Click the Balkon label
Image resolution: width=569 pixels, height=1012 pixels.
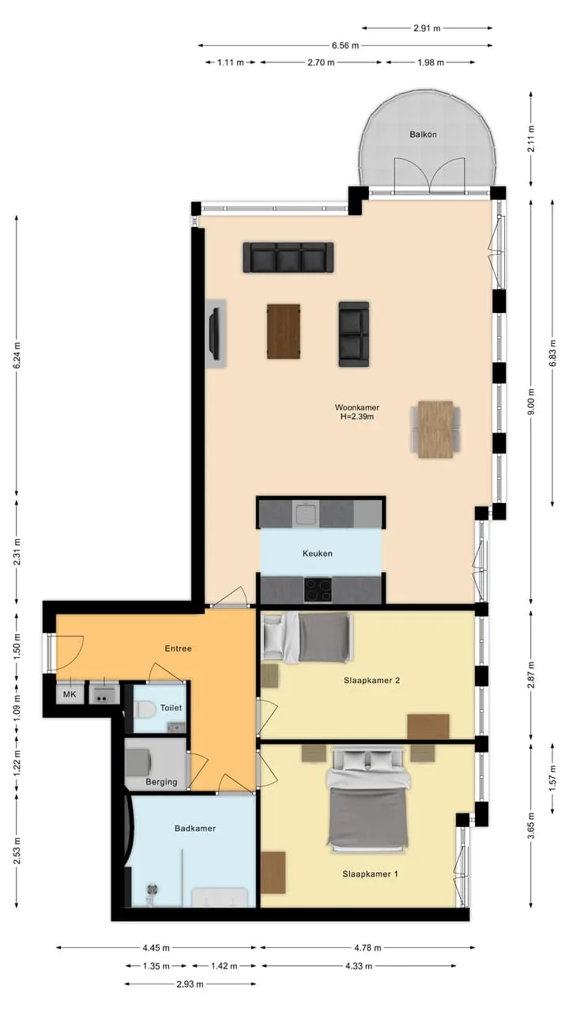(x=423, y=134)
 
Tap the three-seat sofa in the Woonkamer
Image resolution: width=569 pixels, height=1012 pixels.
(x=288, y=258)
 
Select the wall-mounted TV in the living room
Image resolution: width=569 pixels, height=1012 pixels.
(x=215, y=334)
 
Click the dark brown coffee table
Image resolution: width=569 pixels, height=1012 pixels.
(x=284, y=331)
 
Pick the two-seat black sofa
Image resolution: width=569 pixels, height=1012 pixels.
(x=353, y=334)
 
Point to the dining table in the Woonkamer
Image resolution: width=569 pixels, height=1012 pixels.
(x=435, y=429)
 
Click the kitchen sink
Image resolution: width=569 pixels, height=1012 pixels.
(x=306, y=513)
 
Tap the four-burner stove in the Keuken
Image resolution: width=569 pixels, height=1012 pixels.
(x=318, y=590)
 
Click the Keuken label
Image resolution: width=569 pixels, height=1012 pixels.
(x=318, y=553)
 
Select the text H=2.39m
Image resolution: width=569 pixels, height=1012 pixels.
(x=356, y=417)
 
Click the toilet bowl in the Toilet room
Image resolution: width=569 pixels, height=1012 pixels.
(x=145, y=709)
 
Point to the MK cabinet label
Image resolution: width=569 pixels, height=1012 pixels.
(x=70, y=694)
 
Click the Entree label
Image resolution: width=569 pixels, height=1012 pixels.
(x=178, y=648)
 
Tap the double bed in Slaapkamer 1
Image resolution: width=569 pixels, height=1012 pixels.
(x=368, y=799)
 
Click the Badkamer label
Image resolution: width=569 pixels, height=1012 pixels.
(x=195, y=828)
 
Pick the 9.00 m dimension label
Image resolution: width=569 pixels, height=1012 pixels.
(x=531, y=401)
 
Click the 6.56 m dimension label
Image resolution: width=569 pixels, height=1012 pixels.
(x=345, y=45)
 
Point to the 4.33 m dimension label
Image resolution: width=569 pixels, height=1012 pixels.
(x=359, y=966)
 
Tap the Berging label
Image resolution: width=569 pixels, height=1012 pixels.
(x=161, y=782)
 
